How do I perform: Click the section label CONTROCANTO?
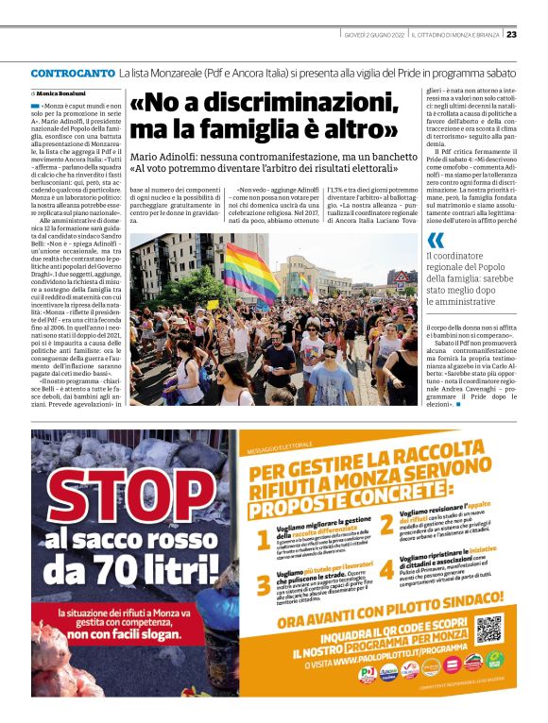pos(72,73)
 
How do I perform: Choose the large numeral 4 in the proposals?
pos(386,569)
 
